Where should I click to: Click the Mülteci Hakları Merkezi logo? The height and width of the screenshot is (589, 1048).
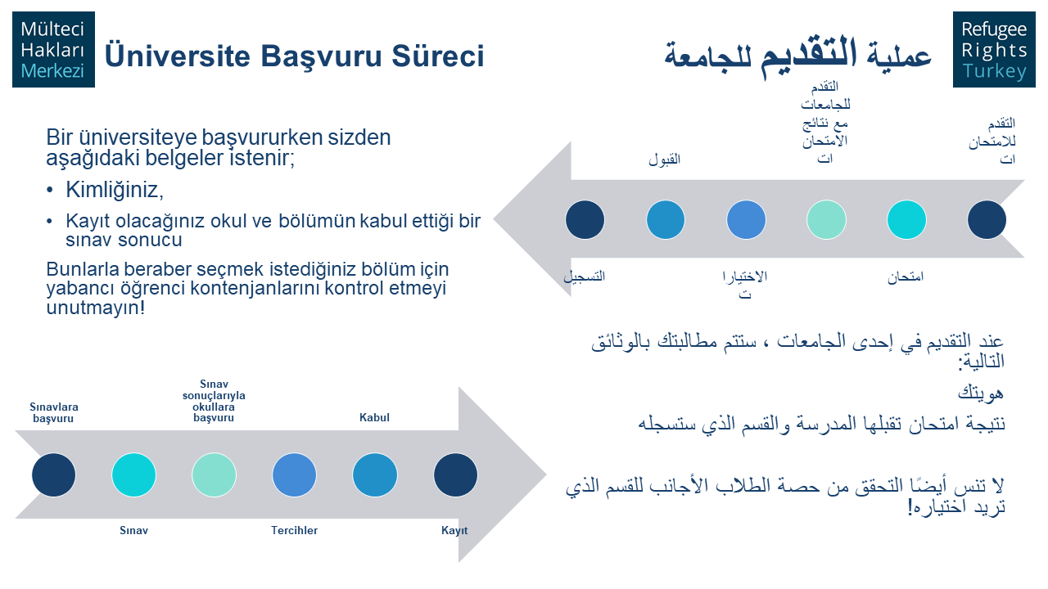(53, 50)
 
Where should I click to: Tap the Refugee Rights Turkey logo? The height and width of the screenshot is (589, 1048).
(994, 50)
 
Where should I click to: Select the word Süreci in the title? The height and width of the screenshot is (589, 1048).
(437, 56)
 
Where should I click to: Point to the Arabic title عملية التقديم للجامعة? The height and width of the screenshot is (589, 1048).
(797, 56)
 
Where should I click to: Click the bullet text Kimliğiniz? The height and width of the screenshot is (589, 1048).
(115, 190)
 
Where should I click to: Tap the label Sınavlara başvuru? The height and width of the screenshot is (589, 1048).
(53, 413)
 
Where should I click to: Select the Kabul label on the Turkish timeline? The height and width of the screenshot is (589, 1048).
(374, 417)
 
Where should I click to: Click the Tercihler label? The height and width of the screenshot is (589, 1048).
(294, 531)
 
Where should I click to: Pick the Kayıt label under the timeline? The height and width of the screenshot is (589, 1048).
(454, 531)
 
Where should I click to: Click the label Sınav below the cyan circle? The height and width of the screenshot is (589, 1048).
(133, 531)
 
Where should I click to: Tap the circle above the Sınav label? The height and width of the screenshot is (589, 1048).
(133, 475)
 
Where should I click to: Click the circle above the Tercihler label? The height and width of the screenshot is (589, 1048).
(294, 475)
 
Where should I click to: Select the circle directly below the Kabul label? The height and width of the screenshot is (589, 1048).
(375, 475)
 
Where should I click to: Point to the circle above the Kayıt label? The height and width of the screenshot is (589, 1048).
(455, 475)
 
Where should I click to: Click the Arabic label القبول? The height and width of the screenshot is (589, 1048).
(664, 160)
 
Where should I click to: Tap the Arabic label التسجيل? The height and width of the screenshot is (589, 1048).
(585, 277)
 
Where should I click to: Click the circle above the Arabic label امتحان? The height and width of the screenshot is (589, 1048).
(906, 220)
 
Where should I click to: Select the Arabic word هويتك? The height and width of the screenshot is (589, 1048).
(981, 393)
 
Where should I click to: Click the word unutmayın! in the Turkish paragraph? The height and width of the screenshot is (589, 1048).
(96, 308)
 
